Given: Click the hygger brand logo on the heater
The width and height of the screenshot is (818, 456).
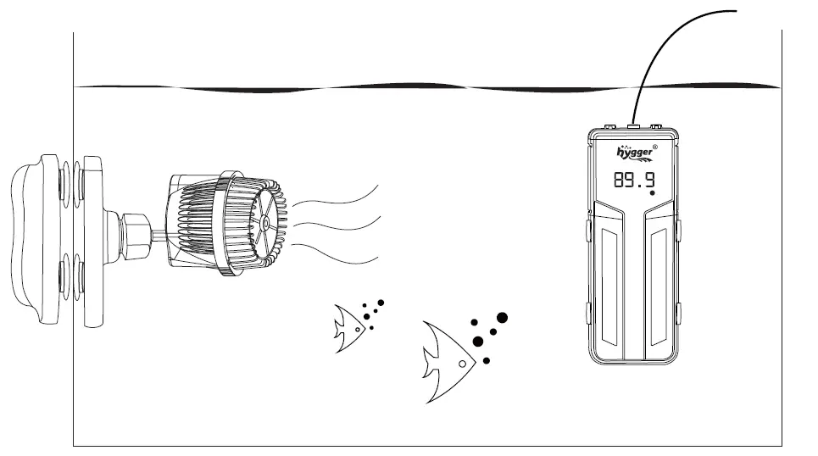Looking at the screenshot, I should point(635,153).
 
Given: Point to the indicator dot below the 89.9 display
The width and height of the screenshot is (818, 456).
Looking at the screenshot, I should point(652,194).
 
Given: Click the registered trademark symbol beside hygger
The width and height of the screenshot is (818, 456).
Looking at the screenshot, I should point(666,145).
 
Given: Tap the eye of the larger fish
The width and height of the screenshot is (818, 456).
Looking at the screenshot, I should point(461,364).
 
